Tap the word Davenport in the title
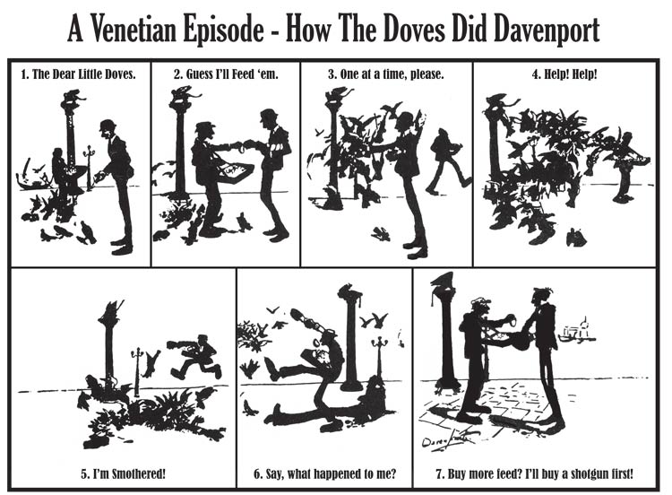pos(547,30)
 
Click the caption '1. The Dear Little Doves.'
pos(79,74)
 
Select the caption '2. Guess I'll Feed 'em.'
pos(226,74)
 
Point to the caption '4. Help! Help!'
pos(564,74)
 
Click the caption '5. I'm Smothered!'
pos(123,474)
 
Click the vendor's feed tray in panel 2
pos(233,172)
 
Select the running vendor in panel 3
pos(448,161)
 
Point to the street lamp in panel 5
pos(137,371)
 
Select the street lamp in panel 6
pos(379,359)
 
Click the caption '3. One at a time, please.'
pos(385,74)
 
